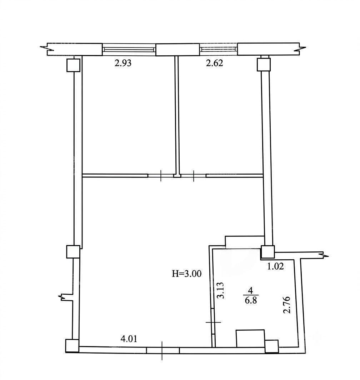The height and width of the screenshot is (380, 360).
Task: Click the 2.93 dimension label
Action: coord(123,63)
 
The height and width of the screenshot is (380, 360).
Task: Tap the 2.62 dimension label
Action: coord(214,63)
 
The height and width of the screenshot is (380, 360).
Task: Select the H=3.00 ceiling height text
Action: coord(187,274)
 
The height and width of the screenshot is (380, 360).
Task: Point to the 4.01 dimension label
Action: coord(129,339)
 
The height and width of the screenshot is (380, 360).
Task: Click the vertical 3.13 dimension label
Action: coord(221,290)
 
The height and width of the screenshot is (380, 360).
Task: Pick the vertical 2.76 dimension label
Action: coord(287,305)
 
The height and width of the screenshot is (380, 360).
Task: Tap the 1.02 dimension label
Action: coord(275,266)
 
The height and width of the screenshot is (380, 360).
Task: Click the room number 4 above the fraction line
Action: coord(251,290)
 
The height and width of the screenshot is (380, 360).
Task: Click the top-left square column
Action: coord(73,65)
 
